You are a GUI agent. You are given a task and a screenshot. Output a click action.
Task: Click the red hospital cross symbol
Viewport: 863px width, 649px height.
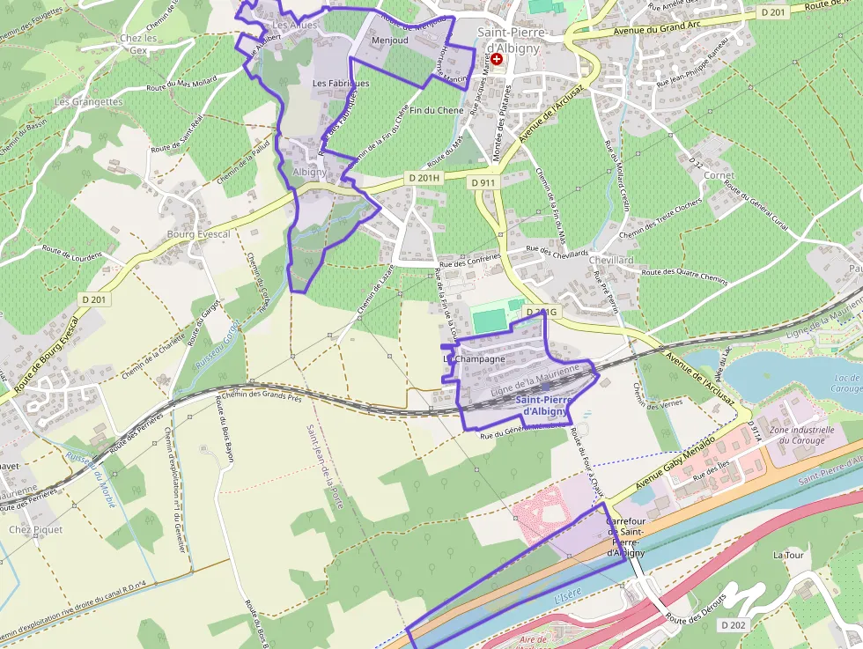pos(497,59)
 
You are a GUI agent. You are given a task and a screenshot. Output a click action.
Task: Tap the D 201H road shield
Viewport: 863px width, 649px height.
pos(424,178)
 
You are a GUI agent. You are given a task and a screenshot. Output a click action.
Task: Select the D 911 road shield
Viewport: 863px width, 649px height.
pos(483,182)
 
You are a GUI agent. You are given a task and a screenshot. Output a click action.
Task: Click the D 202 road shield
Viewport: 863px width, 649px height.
pos(733,624)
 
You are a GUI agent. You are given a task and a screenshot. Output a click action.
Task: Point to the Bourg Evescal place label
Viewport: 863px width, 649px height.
pos(198,234)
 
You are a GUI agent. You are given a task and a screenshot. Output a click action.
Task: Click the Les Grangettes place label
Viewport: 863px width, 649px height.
pos(88,101)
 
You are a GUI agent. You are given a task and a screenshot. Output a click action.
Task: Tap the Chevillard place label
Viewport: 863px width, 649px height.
pos(611,261)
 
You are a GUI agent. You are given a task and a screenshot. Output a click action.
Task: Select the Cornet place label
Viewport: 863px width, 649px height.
pos(719,175)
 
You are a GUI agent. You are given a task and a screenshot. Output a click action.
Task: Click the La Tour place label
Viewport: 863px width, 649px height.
pos(789,555)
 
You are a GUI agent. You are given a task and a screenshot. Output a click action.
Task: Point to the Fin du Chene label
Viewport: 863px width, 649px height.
pos(437,110)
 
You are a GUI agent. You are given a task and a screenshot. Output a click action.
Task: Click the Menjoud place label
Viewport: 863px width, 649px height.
pos(390,41)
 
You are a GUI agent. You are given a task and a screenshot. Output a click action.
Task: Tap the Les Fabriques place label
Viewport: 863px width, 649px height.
pos(341,83)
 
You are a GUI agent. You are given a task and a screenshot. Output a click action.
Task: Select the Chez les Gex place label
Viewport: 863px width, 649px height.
pos(137,44)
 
